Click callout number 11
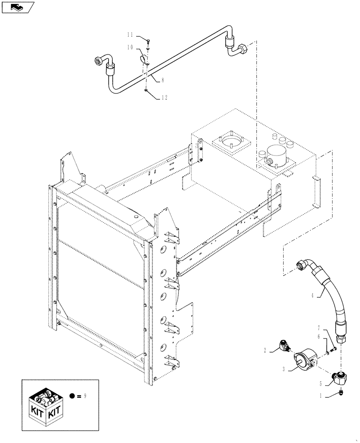tap(129, 34)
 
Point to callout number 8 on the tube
tap(163, 80)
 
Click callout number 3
tap(283, 368)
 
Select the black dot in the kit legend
tap(72, 395)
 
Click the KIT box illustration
tap(45, 404)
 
